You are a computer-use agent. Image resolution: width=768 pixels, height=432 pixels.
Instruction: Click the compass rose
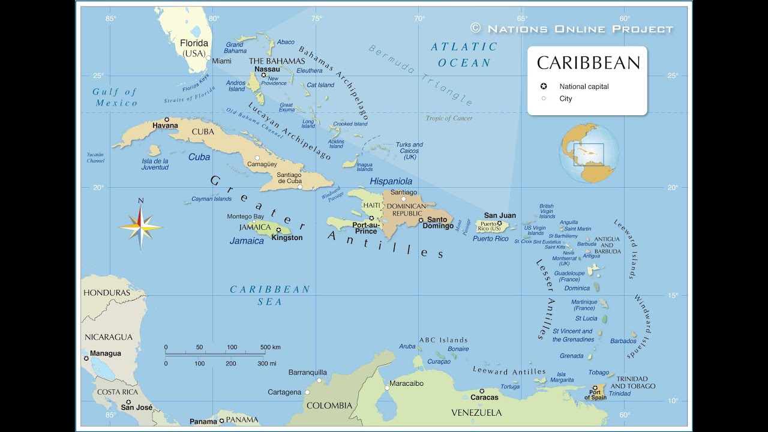140,227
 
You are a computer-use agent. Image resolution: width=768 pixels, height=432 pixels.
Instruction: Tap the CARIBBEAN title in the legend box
588,63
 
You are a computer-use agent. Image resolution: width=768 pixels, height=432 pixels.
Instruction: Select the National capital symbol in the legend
544,86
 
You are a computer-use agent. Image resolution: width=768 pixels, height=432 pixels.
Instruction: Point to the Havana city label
165,125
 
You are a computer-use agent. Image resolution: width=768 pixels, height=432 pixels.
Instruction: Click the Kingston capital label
287,238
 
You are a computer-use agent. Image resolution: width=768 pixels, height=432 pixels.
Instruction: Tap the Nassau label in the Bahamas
267,69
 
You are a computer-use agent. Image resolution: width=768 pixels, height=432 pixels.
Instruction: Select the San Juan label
500,215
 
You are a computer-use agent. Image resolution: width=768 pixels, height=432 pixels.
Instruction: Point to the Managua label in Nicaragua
105,353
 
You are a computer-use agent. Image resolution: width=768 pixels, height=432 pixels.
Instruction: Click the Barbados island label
623,341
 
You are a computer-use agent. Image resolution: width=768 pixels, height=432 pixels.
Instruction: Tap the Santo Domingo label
439,223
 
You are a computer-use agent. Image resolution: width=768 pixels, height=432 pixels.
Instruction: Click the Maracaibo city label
406,383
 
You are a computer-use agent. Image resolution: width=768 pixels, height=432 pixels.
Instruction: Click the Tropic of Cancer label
449,118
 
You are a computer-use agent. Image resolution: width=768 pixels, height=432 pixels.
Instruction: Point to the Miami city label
221,61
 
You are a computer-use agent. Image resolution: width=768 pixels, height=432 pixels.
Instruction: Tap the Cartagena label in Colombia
284,392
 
